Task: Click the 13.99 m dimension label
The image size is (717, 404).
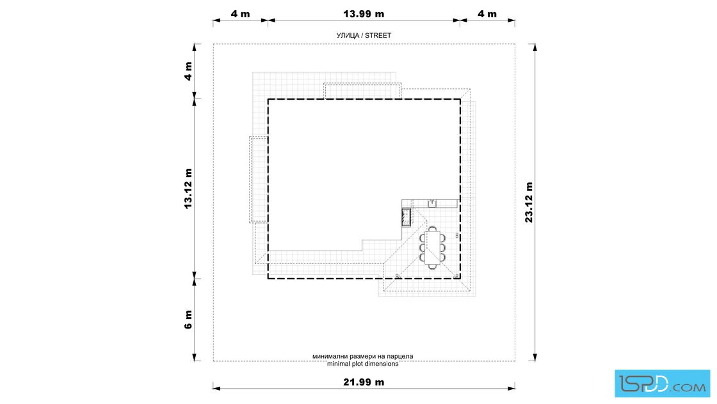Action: click(x=364, y=13)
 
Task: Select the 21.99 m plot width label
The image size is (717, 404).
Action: click(x=364, y=382)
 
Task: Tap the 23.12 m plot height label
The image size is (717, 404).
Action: click(x=529, y=202)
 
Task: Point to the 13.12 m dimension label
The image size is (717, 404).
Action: click(x=188, y=189)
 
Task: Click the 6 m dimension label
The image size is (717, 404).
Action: click(x=188, y=320)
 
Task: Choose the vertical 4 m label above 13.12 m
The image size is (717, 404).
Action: click(x=188, y=71)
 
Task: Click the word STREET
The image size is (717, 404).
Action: click(x=378, y=35)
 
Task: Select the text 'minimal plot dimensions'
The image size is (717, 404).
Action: click(x=362, y=364)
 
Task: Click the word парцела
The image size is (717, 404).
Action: click(x=399, y=356)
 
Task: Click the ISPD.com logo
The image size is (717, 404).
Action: click(x=662, y=384)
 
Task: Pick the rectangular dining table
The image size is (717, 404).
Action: click(x=432, y=248)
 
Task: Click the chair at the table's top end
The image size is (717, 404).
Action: click(x=432, y=228)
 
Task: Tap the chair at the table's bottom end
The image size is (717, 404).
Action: click(x=432, y=267)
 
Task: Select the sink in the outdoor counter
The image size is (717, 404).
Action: click(x=432, y=203)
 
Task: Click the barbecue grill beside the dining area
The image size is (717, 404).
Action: click(x=406, y=217)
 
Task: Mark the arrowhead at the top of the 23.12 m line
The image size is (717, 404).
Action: click(x=535, y=47)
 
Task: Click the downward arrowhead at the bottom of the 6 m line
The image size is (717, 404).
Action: click(x=195, y=357)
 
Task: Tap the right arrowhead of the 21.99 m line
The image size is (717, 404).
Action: click(x=512, y=389)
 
